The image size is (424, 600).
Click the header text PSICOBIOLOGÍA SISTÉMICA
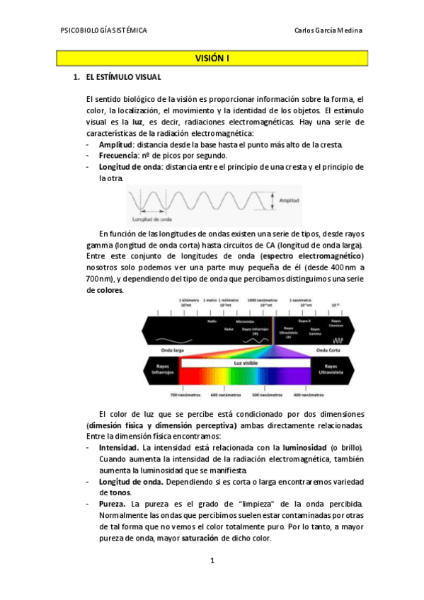tap(104, 30)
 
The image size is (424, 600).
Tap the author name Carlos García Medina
tap(328, 30)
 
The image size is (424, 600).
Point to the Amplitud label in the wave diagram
tap(290, 201)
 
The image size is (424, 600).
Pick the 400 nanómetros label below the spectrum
tap(309, 395)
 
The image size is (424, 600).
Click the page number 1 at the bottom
tap(212, 561)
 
